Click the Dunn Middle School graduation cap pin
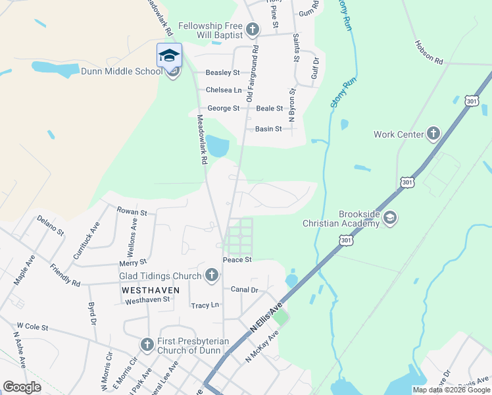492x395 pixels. (169, 56)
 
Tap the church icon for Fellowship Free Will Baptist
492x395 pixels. (253, 29)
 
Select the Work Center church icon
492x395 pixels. (433, 134)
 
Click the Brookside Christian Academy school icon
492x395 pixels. (389, 218)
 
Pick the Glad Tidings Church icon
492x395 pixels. (211, 275)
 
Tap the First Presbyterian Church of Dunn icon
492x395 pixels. (147, 344)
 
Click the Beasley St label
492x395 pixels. (222, 72)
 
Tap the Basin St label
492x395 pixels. (268, 129)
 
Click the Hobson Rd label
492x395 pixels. (429, 52)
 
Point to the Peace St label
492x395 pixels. (237, 260)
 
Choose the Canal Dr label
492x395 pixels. (244, 289)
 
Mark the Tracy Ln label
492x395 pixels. (205, 305)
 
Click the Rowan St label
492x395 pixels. (132, 212)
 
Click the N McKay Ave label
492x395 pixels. (262, 346)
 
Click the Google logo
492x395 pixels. (22, 386)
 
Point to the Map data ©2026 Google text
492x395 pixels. (451, 390)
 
